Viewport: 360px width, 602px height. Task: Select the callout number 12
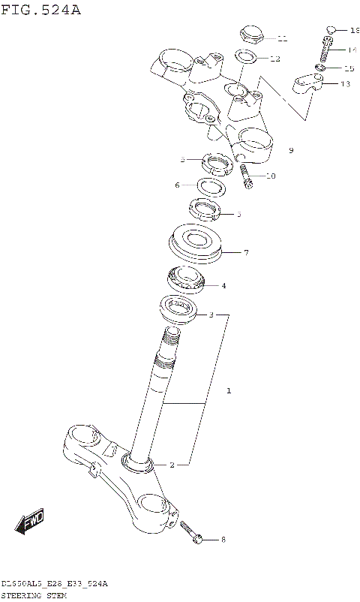tap(275, 59)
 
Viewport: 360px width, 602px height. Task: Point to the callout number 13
tap(345, 84)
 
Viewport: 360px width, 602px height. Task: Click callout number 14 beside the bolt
tap(352, 50)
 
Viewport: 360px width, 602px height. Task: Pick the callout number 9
tap(291, 151)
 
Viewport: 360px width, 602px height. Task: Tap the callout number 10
tap(271, 176)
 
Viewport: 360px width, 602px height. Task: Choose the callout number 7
tap(245, 253)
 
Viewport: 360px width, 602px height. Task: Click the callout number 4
tap(223, 285)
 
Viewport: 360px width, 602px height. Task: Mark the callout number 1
tap(229, 391)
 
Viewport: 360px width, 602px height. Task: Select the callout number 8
tap(222, 539)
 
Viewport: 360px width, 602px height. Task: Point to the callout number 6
tap(178, 185)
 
